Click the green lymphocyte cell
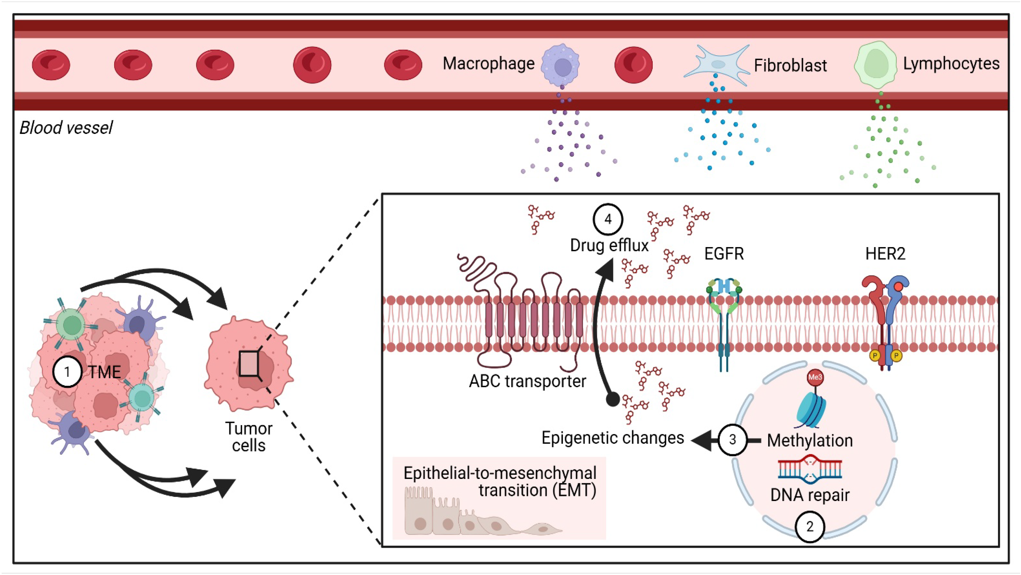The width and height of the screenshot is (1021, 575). tap(875, 65)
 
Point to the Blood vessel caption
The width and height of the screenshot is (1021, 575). tap(66, 128)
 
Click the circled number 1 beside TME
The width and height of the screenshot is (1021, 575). tap(67, 372)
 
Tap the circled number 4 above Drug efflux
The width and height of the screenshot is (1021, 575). tap(607, 219)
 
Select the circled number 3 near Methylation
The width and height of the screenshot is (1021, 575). tap(732, 439)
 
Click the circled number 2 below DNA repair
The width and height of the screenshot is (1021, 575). tap(810, 526)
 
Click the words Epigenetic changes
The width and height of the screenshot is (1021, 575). tap(612, 438)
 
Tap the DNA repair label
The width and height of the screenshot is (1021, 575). tap(810, 495)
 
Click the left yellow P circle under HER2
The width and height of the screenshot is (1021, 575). tap(875, 356)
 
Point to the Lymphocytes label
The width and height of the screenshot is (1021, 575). tap(951, 63)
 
